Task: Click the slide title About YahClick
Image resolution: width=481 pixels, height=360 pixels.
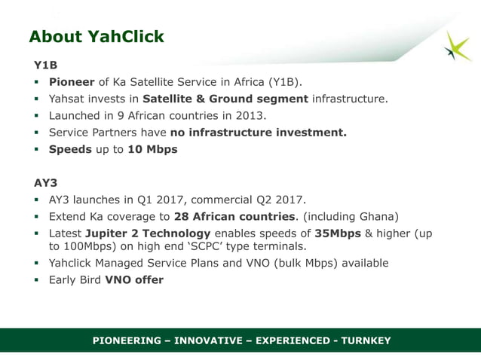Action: click(x=96, y=37)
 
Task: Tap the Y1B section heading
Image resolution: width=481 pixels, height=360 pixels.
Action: click(x=44, y=66)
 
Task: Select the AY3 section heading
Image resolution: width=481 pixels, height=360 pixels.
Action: click(x=45, y=182)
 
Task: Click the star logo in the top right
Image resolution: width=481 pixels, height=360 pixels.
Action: click(x=457, y=47)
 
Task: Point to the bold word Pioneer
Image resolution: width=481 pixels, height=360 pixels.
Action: click(x=72, y=82)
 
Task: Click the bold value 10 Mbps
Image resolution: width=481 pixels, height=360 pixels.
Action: click(x=153, y=149)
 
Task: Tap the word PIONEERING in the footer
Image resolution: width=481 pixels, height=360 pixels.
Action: click(x=127, y=341)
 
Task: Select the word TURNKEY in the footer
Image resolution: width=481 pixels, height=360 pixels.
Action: click(x=364, y=341)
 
